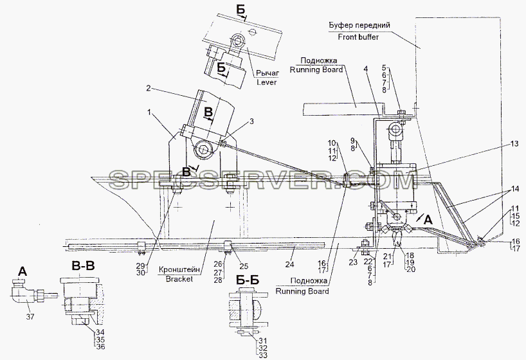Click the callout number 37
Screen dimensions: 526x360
point(30,316)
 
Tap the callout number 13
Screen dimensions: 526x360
point(514,144)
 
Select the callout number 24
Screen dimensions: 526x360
point(289,264)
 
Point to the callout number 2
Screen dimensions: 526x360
point(149,89)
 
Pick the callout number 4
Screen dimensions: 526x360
point(366,69)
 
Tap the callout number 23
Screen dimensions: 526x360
point(353,263)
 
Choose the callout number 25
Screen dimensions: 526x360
point(244,266)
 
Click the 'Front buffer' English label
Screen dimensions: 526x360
point(358,37)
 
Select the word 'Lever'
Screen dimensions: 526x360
point(267,82)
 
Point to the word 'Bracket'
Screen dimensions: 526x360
point(179,279)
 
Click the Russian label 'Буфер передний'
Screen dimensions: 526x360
point(359,25)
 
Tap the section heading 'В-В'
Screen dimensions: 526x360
point(82,266)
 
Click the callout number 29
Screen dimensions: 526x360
point(141,265)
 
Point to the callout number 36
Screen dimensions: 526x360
point(101,347)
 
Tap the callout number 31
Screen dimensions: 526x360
point(263,341)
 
